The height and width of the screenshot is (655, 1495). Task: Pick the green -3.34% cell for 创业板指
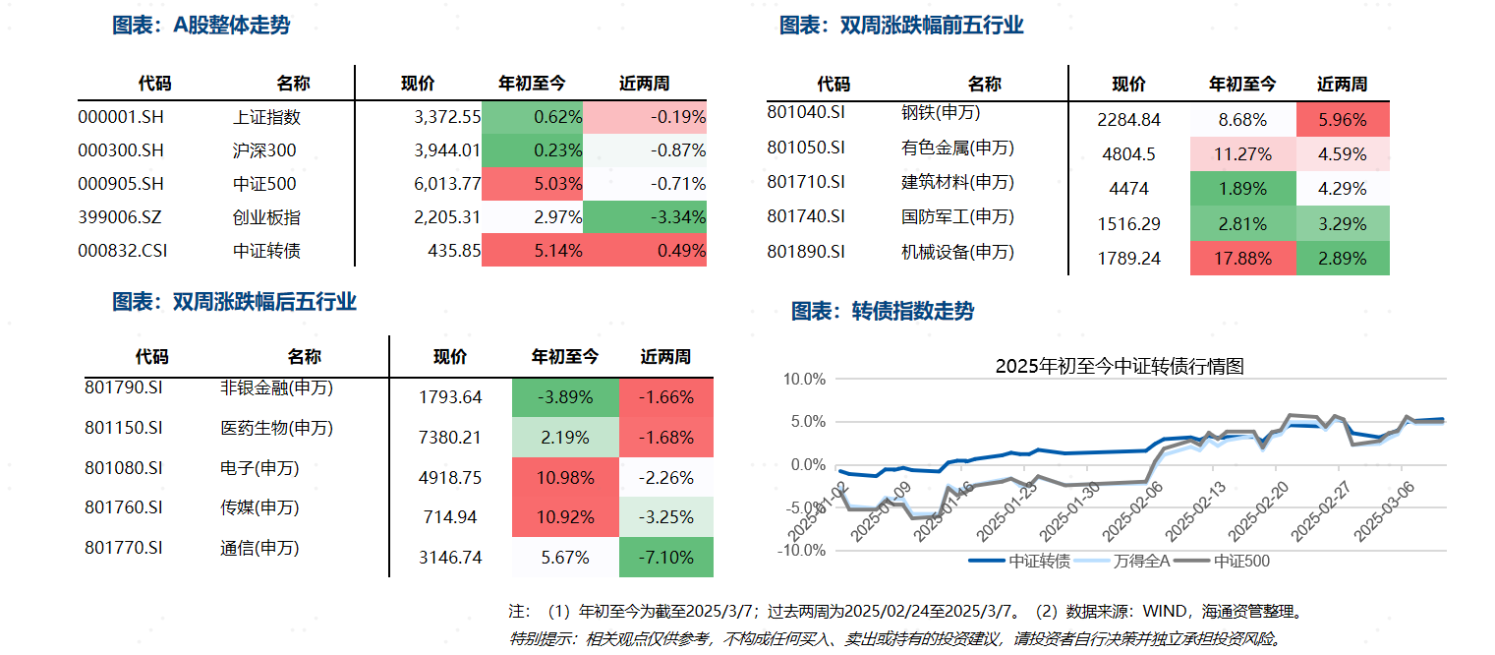coord(645,217)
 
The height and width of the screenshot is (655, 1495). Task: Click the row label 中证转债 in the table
coord(266,251)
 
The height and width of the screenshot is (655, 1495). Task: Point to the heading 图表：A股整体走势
coord(201,26)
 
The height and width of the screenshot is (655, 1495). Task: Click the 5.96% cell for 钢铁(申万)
coord(1343,120)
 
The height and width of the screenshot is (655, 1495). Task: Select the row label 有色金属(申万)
coord(956,149)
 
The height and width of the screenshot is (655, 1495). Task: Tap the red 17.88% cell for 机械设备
coord(1243,259)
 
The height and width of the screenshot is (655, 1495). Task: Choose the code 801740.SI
coord(806,216)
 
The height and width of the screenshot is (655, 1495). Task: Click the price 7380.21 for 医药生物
coord(450,438)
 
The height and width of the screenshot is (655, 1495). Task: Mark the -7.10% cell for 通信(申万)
coord(665,558)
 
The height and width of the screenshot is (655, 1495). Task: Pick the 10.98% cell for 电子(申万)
coord(564,478)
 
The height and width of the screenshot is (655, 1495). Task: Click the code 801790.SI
coord(123,387)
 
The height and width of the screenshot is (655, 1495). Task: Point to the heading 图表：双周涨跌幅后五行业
coord(234,302)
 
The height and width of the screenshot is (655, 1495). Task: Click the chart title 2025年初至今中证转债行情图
coord(1120,367)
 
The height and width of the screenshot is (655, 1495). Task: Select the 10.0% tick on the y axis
coord(804,379)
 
